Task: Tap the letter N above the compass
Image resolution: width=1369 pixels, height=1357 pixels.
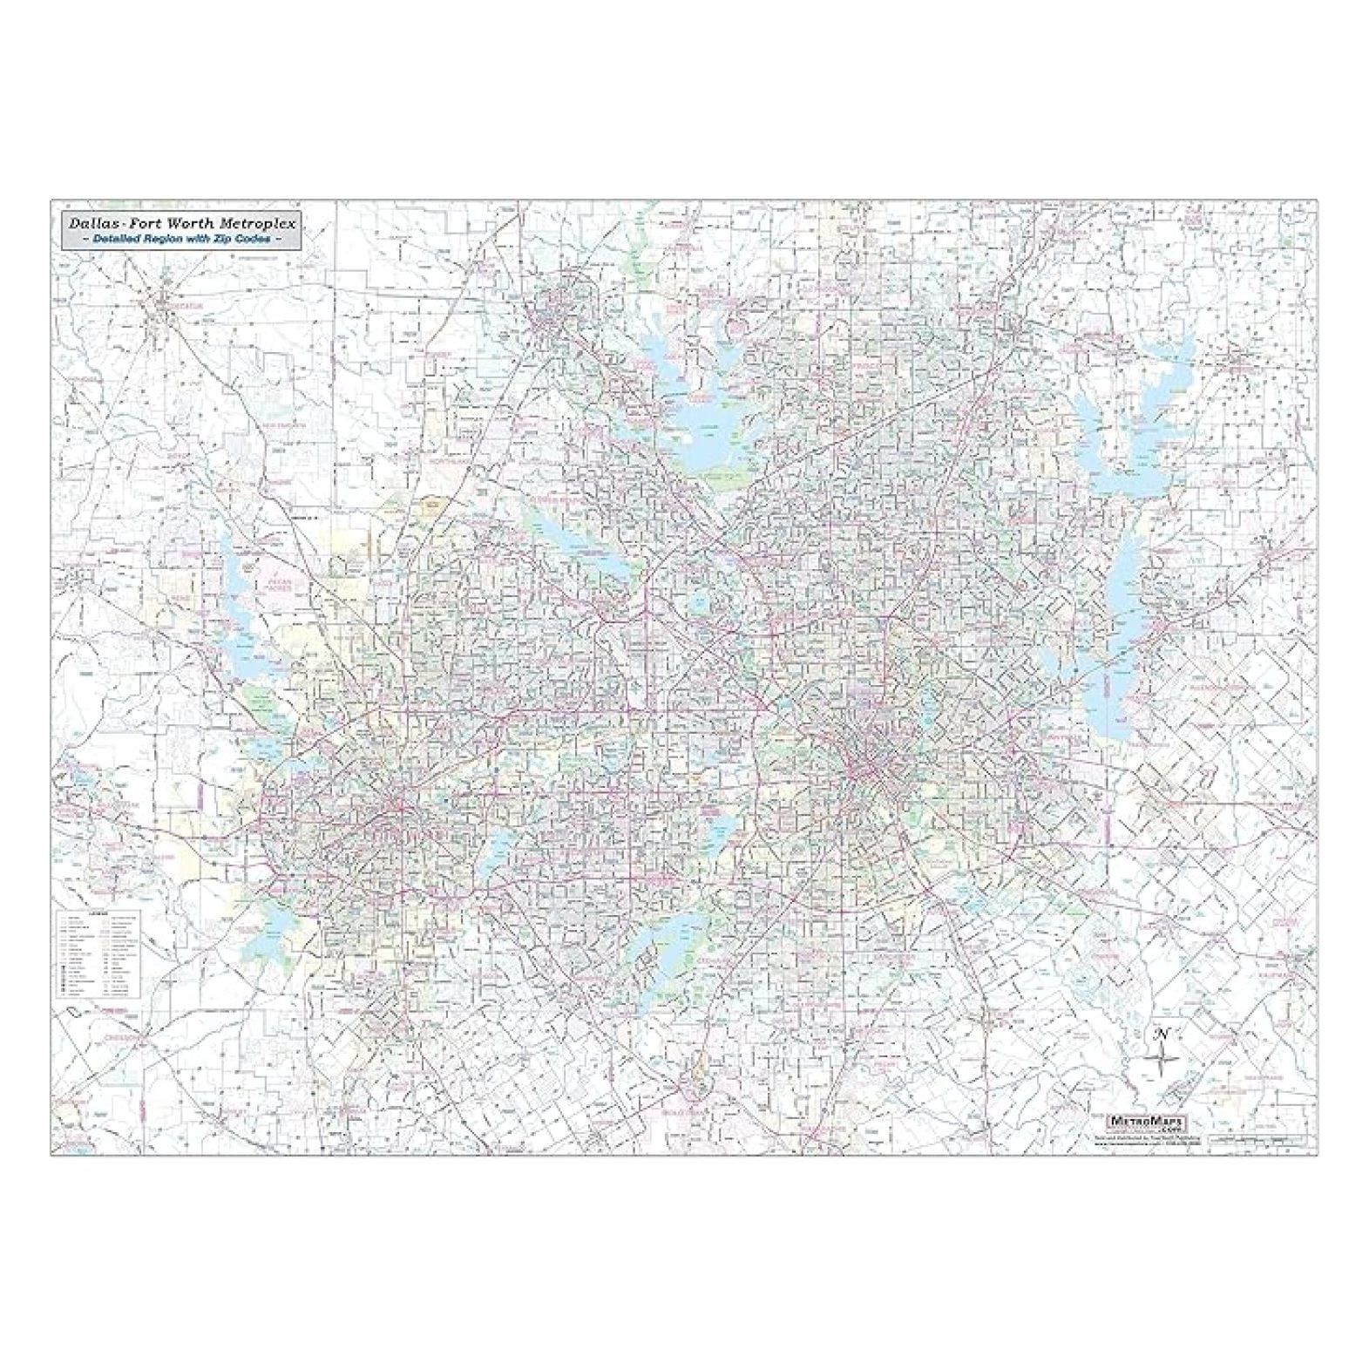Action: [1161, 1035]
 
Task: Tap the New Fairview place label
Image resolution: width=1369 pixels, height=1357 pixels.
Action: [281, 424]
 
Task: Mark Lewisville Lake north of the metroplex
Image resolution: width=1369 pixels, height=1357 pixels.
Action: [697, 418]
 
